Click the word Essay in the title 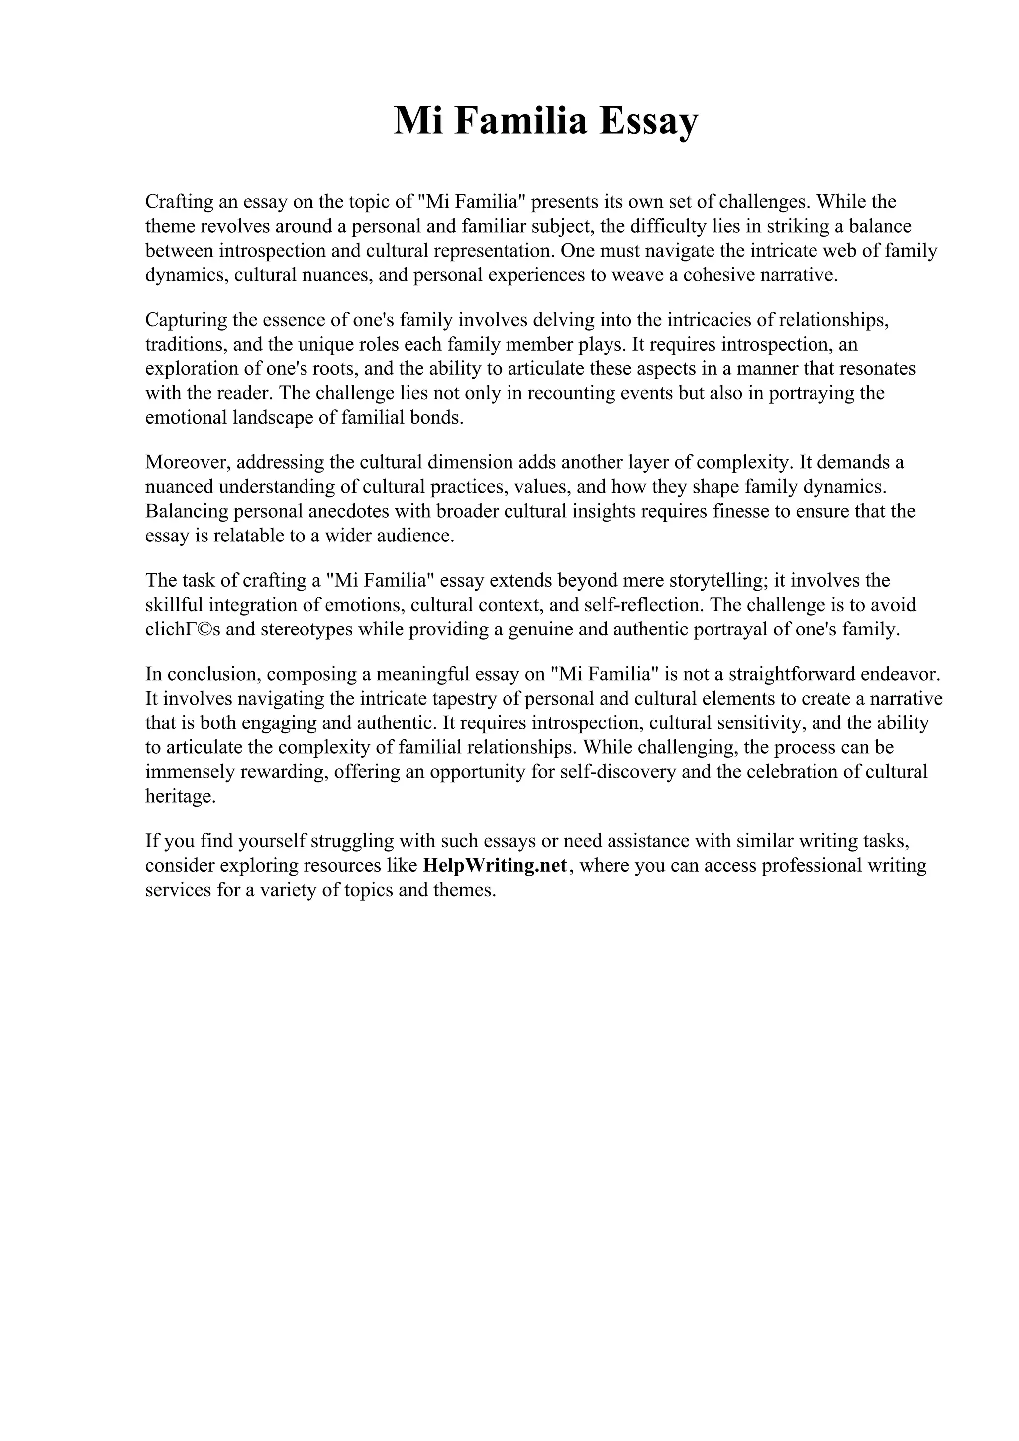(647, 121)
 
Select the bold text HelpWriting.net (496, 866)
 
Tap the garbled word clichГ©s (183, 630)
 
